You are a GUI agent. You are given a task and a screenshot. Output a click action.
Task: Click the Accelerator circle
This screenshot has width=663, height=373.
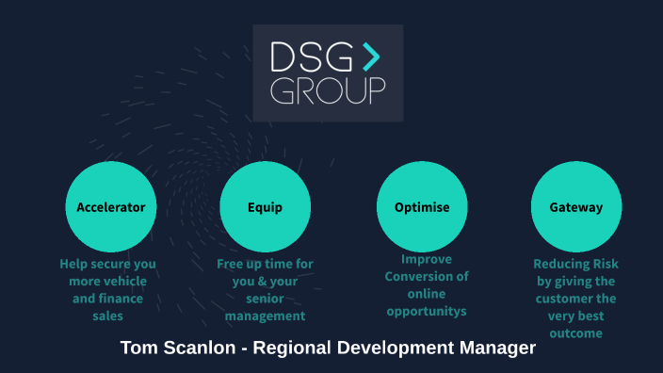[x=111, y=207]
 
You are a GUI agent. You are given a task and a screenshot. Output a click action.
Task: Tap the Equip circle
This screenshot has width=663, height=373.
[x=265, y=207]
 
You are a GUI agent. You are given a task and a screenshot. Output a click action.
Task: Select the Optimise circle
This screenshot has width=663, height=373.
[x=422, y=207]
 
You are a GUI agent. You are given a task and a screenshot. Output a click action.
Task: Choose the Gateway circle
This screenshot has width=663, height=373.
[x=576, y=207]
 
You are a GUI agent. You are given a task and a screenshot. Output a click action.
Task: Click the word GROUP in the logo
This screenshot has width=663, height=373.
[x=328, y=91]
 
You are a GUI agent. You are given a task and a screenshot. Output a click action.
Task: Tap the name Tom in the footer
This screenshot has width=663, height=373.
[x=139, y=349]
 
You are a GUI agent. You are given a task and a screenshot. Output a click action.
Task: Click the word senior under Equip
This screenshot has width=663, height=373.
[x=265, y=299]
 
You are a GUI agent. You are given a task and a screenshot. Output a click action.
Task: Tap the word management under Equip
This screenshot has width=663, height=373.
[x=265, y=316]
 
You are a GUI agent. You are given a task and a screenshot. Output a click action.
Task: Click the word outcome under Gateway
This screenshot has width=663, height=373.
[x=576, y=333]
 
